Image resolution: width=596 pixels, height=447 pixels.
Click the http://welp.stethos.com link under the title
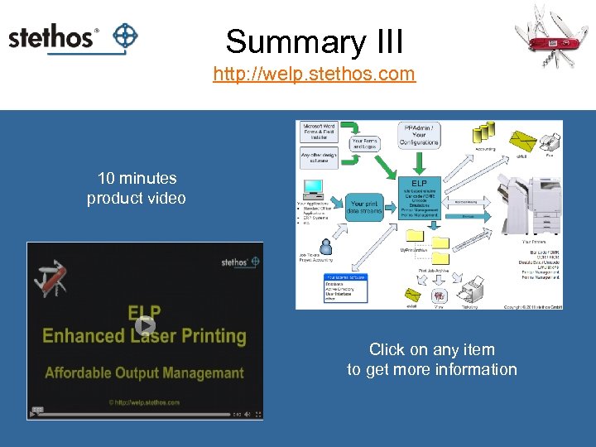click(x=314, y=74)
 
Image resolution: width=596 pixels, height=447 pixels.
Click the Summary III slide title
click(x=314, y=41)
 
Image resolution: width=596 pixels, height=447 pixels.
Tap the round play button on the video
click(x=145, y=325)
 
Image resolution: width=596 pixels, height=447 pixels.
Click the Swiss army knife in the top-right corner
click(x=551, y=36)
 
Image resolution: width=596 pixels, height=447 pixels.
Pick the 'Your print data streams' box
click(x=365, y=207)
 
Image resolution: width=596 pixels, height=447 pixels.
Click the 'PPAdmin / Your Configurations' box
click(x=421, y=135)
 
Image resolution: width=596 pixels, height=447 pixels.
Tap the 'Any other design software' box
click(x=319, y=158)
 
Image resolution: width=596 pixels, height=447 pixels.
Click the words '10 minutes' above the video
click(x=137, y=178)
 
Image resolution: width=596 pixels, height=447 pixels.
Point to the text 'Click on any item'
click(x=431, y=350)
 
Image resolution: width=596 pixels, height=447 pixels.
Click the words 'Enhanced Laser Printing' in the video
click(x=145, y=336)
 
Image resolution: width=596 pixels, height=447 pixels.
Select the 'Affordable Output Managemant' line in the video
click(x=145, y=372)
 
